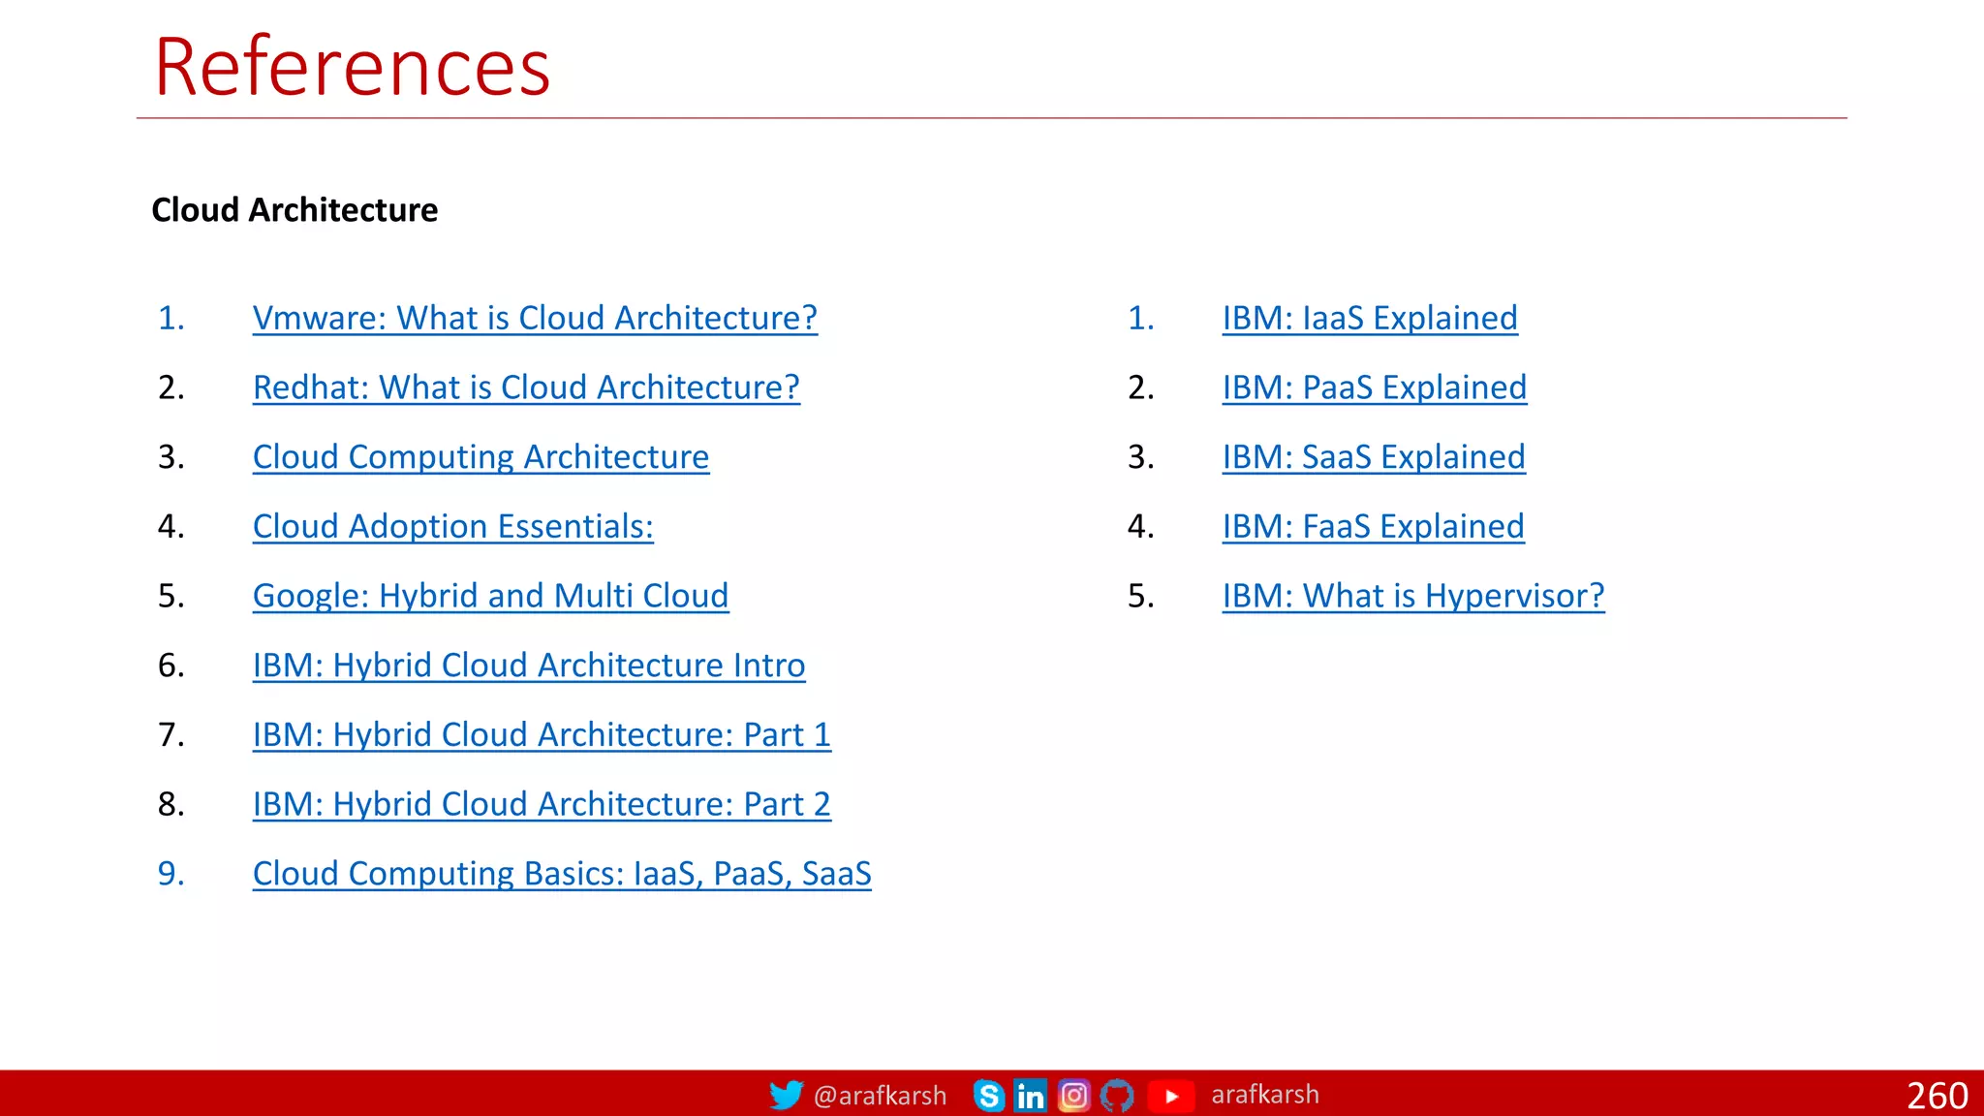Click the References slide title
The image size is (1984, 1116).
[352, 67]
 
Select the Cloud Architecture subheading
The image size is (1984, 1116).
[294, 210]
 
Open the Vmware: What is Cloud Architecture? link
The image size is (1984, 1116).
[535, 318]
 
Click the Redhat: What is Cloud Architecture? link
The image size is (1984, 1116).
[526, 387]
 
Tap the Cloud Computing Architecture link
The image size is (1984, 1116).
[480, 457]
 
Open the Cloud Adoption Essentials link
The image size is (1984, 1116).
[452, 527]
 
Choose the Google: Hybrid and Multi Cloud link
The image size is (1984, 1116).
[490, 596]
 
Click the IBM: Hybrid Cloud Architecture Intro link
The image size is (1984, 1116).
[529, 666]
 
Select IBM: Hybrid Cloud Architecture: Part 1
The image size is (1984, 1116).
[542, 735]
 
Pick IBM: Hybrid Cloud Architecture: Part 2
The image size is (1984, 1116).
[542, 804]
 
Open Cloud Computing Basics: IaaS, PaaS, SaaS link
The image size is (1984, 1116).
[562, 874]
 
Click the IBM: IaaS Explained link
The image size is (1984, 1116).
[1370, 318]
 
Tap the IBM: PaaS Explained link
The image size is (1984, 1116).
[1374, 387]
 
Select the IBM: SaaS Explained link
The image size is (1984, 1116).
[1374, 457]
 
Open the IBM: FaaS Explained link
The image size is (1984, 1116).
[1373, 527]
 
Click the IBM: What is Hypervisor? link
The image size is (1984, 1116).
[1413, 596]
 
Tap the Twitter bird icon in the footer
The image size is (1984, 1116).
[786, 1095]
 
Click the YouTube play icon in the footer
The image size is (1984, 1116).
[1170, 1096]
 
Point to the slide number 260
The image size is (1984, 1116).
[1937, 1096]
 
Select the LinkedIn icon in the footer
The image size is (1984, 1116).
[1030, 1096]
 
